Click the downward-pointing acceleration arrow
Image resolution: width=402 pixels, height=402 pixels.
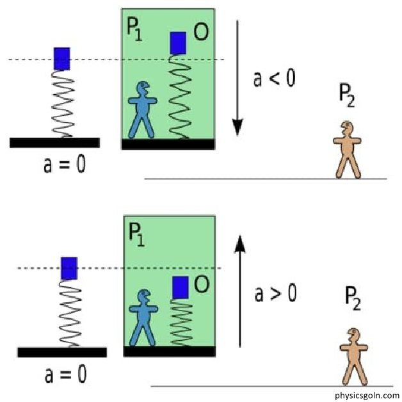point(238,77)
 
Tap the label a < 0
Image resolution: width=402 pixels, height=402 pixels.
point(275,80)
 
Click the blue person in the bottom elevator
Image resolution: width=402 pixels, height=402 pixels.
point(142,317)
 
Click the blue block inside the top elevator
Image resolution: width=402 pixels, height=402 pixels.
point(178,43)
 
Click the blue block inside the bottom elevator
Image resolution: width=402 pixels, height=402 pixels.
point(181,287)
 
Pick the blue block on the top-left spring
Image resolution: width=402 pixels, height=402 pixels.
point(61,58)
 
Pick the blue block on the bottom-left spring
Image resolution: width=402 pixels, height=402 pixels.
point(69,268)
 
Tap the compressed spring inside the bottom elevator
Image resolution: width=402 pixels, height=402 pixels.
point(182,323)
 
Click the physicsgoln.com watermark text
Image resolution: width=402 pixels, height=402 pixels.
point(366,395)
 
